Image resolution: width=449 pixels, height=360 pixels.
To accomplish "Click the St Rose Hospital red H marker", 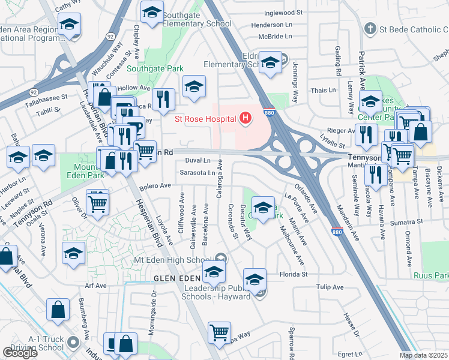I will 245,119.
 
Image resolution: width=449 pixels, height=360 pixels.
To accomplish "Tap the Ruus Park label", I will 431,276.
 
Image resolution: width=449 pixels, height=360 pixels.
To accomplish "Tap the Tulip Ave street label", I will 328,287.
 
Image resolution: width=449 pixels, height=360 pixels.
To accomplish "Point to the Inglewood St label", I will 282,13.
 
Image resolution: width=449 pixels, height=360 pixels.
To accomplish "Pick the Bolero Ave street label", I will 156,187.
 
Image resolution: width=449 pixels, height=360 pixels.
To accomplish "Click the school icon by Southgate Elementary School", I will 152,13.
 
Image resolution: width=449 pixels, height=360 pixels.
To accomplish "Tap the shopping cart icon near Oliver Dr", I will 97,202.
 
